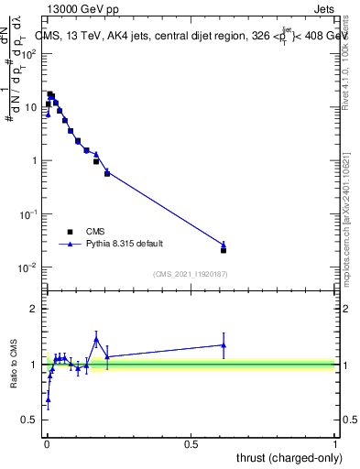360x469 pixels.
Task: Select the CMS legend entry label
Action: point(95,232)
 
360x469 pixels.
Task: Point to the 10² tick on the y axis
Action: point(30,53)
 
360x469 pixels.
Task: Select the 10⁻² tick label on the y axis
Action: point(29,267)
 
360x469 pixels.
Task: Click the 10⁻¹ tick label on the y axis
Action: point(29,214)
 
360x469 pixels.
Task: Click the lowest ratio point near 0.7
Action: point(48,399)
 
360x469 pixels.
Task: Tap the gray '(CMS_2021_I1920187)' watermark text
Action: point(190,273)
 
